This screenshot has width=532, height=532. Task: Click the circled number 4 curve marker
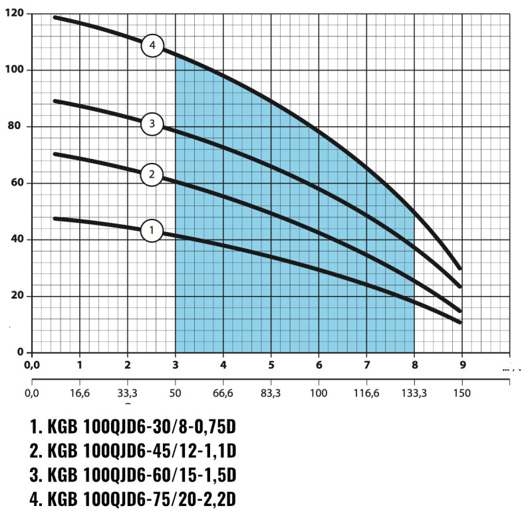point(152,46)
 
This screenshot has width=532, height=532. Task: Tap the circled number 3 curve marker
point(152,123)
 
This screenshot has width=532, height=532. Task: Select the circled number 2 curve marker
point(152,175)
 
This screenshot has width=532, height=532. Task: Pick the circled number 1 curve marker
point(152,231)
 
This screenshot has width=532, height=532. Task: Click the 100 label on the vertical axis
point(14,70)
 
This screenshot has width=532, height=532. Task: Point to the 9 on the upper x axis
point(462,364)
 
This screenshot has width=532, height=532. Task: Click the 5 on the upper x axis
point(271,364)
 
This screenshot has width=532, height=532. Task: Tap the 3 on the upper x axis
point(176,364)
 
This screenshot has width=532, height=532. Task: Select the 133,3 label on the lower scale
point(414,393)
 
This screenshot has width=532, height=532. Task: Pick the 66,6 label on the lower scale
point(223,393)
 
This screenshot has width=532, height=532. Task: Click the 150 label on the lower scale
point(462,393)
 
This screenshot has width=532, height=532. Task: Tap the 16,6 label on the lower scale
point(79,393)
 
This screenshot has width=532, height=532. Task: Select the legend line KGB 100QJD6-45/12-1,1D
point(133,451)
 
